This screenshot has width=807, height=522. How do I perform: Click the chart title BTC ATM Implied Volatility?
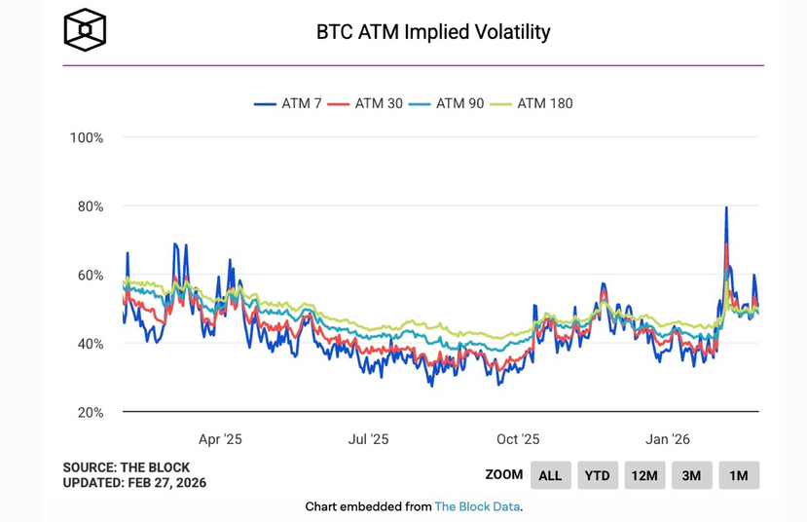[x=433, y=32]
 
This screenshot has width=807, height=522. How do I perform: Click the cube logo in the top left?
[x=85, y=30]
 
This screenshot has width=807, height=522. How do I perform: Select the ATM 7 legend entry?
[x=288, y=102]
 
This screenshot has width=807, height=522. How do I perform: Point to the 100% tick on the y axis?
[x=86, y=138]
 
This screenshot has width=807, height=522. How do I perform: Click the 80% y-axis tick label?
[x=88, y=206]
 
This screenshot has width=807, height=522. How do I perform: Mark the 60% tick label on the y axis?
[x=88, y=276]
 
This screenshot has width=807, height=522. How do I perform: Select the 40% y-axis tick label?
[x=88, y=344]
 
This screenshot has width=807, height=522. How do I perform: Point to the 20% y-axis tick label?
[x=88, y=413]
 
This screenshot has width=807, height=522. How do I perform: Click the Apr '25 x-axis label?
[x=220, y=439]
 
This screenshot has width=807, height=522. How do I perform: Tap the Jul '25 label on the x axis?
[x=368, y=439]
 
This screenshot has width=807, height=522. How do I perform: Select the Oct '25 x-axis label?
[x=518, y=439]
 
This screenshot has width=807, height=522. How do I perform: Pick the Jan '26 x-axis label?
[x=668, y=439]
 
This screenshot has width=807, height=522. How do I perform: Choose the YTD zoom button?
[x=597, y=475]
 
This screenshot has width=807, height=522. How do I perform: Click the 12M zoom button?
[x=644, y=475]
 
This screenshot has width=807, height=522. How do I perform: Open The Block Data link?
[x=477, y=506]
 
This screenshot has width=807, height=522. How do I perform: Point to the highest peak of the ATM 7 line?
[x=726, y=207]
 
